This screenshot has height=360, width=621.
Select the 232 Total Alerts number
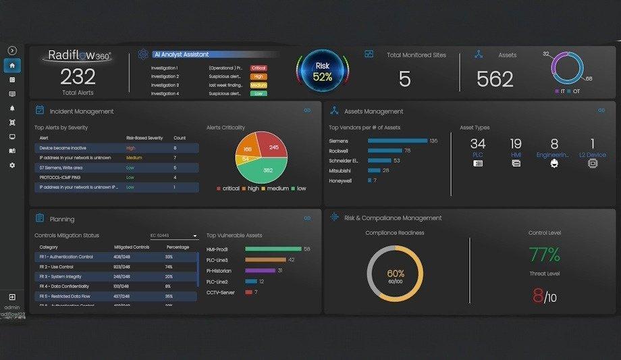pyautogui.click(x=78, y=77)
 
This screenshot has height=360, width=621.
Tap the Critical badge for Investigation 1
pyautogui.click(x=258, y=68)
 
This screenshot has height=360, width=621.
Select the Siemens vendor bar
pyautogui.click(x=398, y=140)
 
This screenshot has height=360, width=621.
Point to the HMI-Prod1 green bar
pyautogui.click(x=273, y=249)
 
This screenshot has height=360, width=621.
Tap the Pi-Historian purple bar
pyautogui.click(x=260, y=270)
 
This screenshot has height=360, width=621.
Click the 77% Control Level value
pyautogui.click(x=544, y=255)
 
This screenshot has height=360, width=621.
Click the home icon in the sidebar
pyautogui.click(x=12, y=66)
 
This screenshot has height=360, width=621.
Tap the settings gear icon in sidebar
pyautogui.click(x=12, y=165)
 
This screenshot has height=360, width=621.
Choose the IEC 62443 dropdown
pyautogui.click(x=173, y=236)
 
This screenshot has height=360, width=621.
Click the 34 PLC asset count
pyautogui.click(x=478, y=144)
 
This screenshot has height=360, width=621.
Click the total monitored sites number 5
pyautogui.click(x=404, y=79)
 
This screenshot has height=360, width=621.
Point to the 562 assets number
pyautogui.click(x=495, y=79)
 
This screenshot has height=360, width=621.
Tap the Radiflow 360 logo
pyautogui.click(x=78, y=56)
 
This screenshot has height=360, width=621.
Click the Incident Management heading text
pyautogui.click(x=82, y=111)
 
